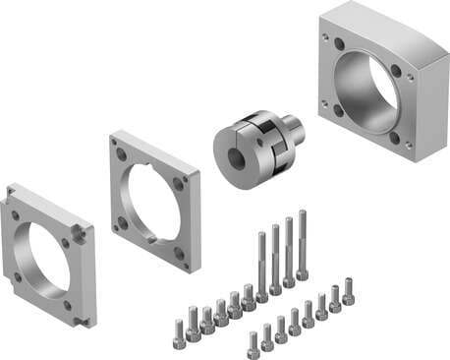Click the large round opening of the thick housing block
(x=368, y=93)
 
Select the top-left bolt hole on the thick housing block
(x=339, y=45)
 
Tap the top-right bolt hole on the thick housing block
(x=396, y=71)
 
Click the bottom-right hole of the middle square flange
(x=180, y=253)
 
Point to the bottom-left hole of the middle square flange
(x=123, y=223)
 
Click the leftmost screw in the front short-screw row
(x=253, y=342)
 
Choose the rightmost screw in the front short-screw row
(x=348, y=291)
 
